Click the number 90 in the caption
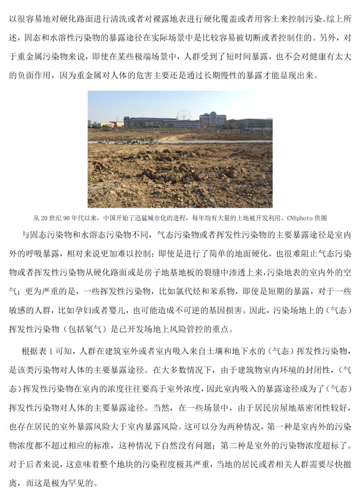click(66, 218)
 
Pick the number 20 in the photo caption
click(44, 218)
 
